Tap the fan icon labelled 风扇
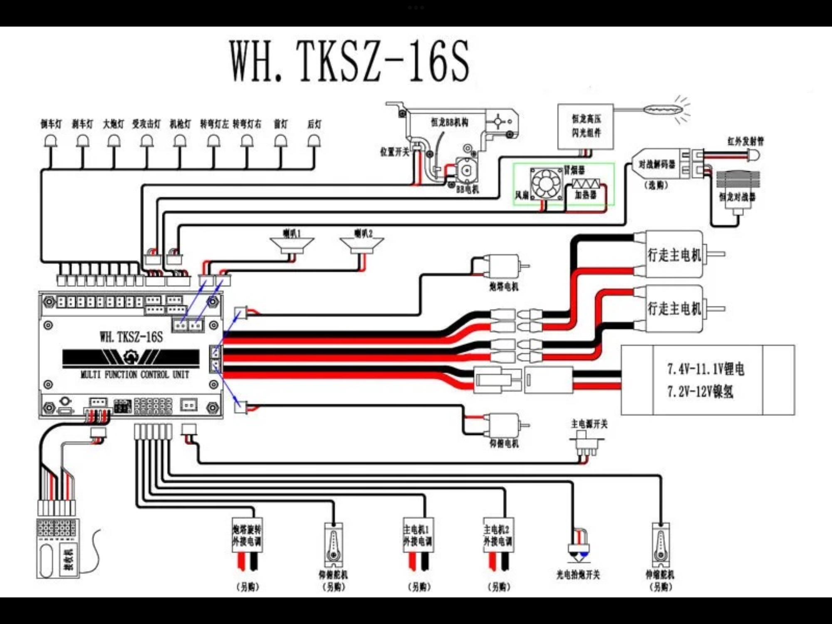(546, 183)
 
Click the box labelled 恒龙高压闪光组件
(586, 126)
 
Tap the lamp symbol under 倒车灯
(51, 141)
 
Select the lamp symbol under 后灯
(314, 141)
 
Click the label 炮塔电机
(504, 287)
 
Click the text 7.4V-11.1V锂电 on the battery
(706, 369)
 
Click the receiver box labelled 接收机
(58, 548)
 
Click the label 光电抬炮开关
(578, 575)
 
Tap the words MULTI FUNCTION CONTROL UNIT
(135, 374)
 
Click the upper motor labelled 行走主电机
(674, 254)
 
